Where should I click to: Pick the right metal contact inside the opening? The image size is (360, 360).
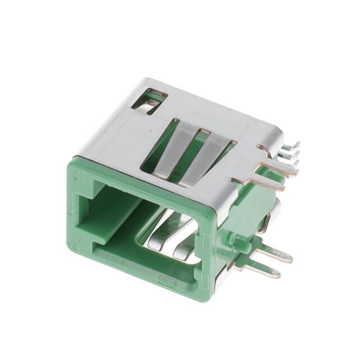[183, 242]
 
